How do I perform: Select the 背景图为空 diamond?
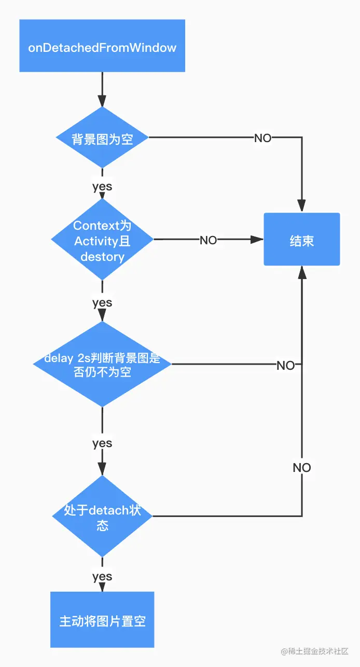pos(102,138)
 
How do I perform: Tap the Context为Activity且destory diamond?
pos(102,240)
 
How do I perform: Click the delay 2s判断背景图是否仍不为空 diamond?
pos(102,364)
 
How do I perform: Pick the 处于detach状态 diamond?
pos(102,517)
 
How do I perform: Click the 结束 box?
pos(301,240)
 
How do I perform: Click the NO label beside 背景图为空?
pos(262,138)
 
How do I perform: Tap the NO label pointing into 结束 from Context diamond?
pos(209,240)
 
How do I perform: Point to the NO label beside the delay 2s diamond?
pos(285,365)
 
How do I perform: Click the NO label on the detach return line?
pos(302,467)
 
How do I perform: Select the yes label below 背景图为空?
pos(102,186)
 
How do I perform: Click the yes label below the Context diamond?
pos(102,302)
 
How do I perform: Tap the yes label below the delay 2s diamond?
pos(102,443)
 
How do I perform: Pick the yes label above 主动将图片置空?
pos(102,576)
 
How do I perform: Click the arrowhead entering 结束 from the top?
pos(302,206)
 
